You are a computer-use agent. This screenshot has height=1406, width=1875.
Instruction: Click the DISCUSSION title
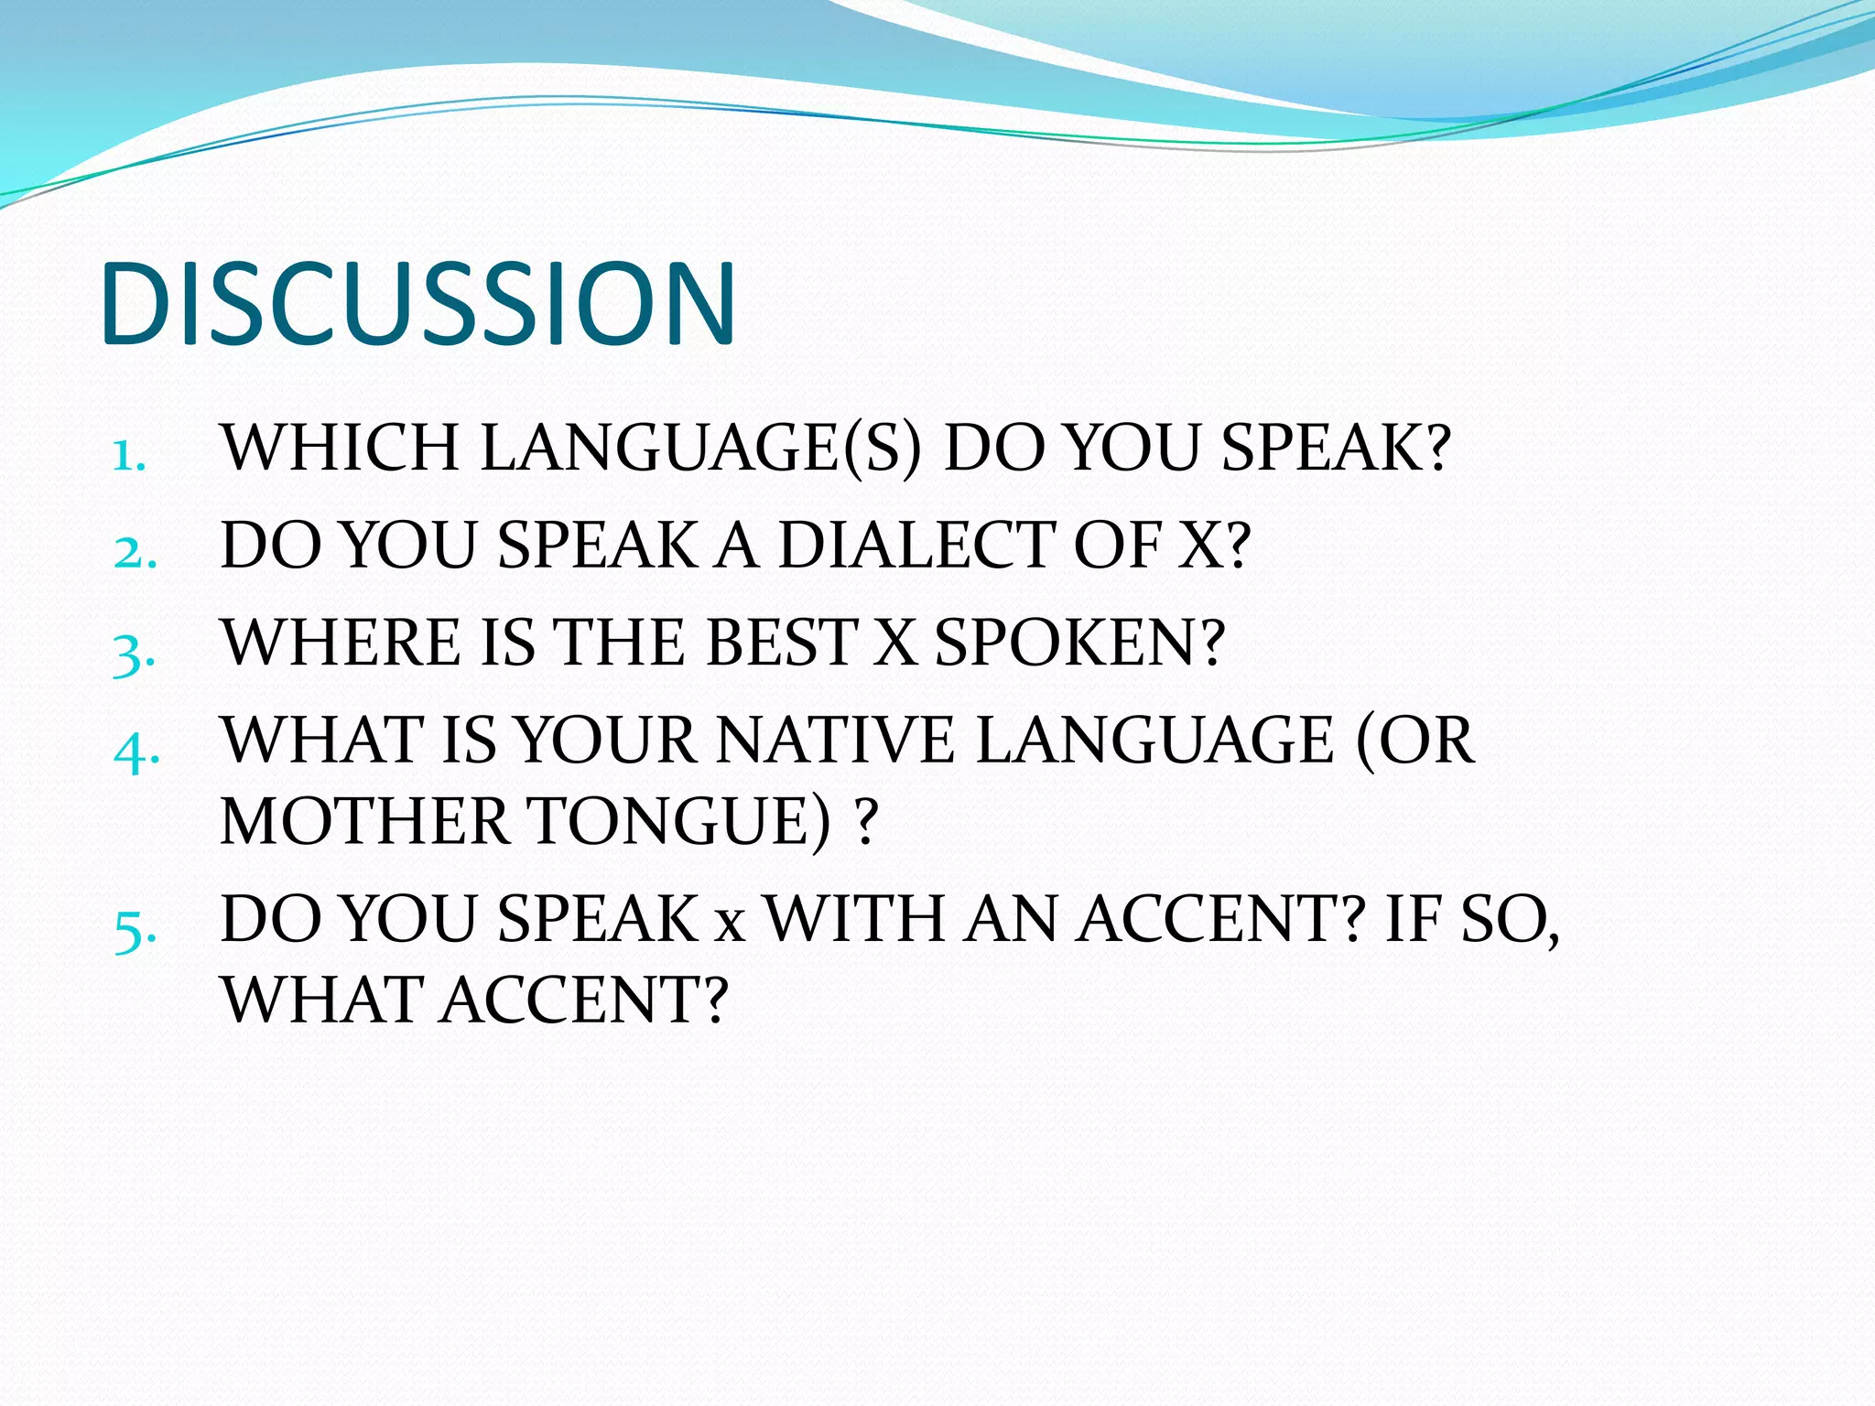[417, 304]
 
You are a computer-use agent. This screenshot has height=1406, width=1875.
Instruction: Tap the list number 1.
[128, 454]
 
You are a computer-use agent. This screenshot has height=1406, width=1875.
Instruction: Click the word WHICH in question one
[340, 449]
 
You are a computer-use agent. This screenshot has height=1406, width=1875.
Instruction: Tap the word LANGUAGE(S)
[700, 449]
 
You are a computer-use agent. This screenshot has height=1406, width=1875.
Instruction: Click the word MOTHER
[364, 821]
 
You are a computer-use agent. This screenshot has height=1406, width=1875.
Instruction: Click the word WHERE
[341, 643]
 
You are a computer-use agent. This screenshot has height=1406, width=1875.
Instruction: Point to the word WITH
[853, 919]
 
